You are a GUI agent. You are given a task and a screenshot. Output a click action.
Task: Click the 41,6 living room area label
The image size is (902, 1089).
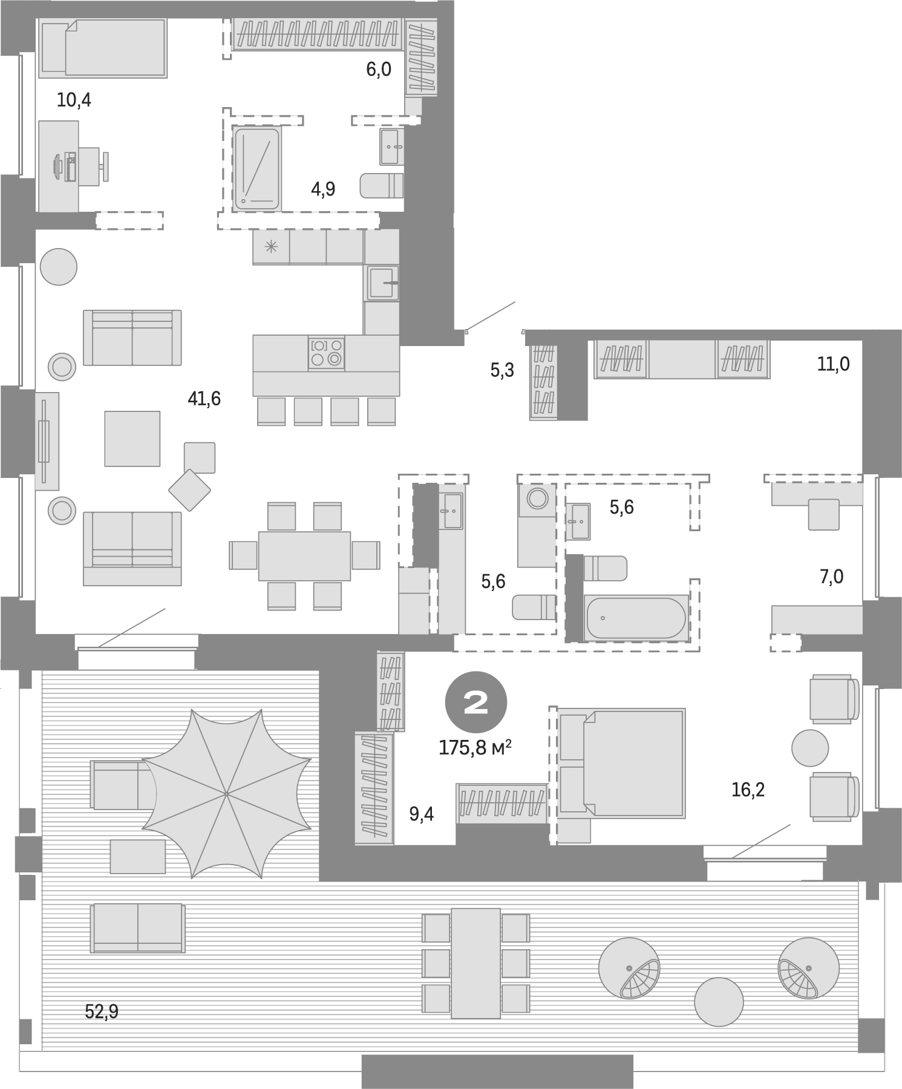coord(204,399)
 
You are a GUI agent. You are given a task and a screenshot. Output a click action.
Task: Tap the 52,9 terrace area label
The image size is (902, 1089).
coord(102,1011)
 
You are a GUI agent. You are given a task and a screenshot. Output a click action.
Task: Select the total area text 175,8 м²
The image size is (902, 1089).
coord(476,748)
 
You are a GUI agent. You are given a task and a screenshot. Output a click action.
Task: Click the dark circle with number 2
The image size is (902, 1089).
coord(476,702)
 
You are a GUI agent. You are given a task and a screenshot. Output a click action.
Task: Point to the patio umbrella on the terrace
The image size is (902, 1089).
coord(226,793)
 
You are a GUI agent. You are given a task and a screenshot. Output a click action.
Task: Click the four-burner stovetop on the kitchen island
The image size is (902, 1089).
coord(326,353)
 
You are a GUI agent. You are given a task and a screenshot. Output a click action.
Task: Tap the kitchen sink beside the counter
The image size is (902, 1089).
coord(382,283)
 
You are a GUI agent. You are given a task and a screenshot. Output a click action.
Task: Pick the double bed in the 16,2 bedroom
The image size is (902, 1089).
coord(622,764)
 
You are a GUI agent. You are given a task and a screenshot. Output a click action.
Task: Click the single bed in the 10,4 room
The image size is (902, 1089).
coord(103,48)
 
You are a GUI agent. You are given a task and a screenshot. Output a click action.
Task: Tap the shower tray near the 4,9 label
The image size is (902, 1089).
coord(257,168)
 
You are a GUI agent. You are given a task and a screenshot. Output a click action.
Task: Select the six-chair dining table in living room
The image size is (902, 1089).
coord(304,555)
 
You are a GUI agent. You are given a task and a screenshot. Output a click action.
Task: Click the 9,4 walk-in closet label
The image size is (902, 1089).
coord(422,814)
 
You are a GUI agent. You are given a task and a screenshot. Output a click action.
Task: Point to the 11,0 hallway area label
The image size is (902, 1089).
coord(833,364)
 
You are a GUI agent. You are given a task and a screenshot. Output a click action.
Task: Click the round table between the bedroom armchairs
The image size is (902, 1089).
coord(809,748)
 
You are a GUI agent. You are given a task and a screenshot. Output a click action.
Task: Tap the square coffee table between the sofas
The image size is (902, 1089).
coord(132,439)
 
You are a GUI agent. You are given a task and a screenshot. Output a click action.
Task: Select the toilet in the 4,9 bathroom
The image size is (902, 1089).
coord(381,186)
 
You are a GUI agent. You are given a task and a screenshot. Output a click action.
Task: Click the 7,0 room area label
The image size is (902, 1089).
coord(831,577)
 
